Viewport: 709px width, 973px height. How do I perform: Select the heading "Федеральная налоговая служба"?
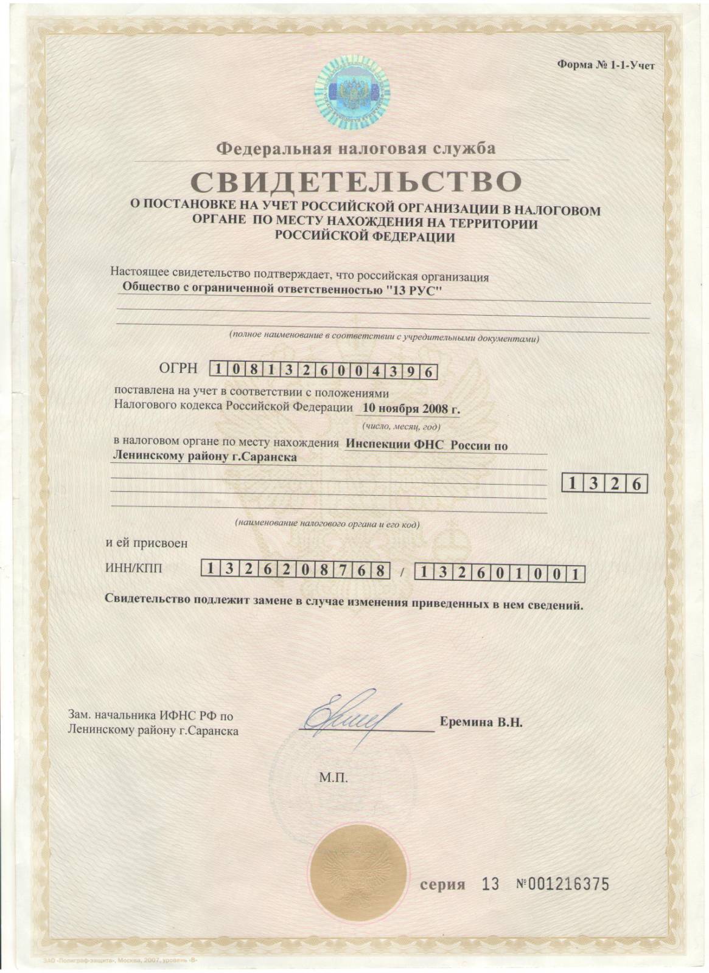(357, 148)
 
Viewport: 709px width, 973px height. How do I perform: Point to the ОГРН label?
(178, 367)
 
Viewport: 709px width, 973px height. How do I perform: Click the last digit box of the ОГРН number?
(429, 370)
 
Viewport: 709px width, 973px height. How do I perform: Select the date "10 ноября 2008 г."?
(411, 409)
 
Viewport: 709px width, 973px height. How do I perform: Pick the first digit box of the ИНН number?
(209, 570)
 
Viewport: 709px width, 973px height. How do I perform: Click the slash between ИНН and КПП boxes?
(401, 572)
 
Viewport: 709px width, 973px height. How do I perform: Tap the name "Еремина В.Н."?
(481, 723)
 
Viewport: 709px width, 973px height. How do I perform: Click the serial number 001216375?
(568, 884)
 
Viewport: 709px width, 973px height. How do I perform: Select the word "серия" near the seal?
(442, 885)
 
